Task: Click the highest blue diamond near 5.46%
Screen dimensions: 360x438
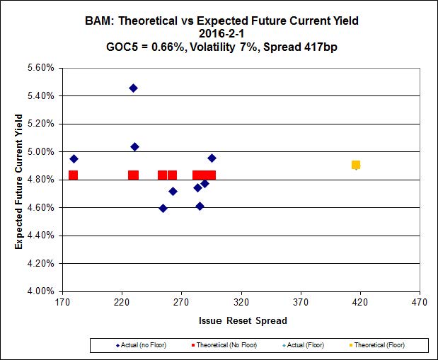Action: [x=133, y=88]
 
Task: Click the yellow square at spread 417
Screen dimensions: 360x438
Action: [x=356, y=165]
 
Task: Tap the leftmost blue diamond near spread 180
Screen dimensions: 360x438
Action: [x=74, y=159]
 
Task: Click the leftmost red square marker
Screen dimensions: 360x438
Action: [x=73, y=175]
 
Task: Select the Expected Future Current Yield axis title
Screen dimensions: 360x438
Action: [x=21, y=180]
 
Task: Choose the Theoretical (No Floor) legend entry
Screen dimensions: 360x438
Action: [x=224, y=345]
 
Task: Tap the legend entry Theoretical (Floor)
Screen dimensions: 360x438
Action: [x=380, y=345]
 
